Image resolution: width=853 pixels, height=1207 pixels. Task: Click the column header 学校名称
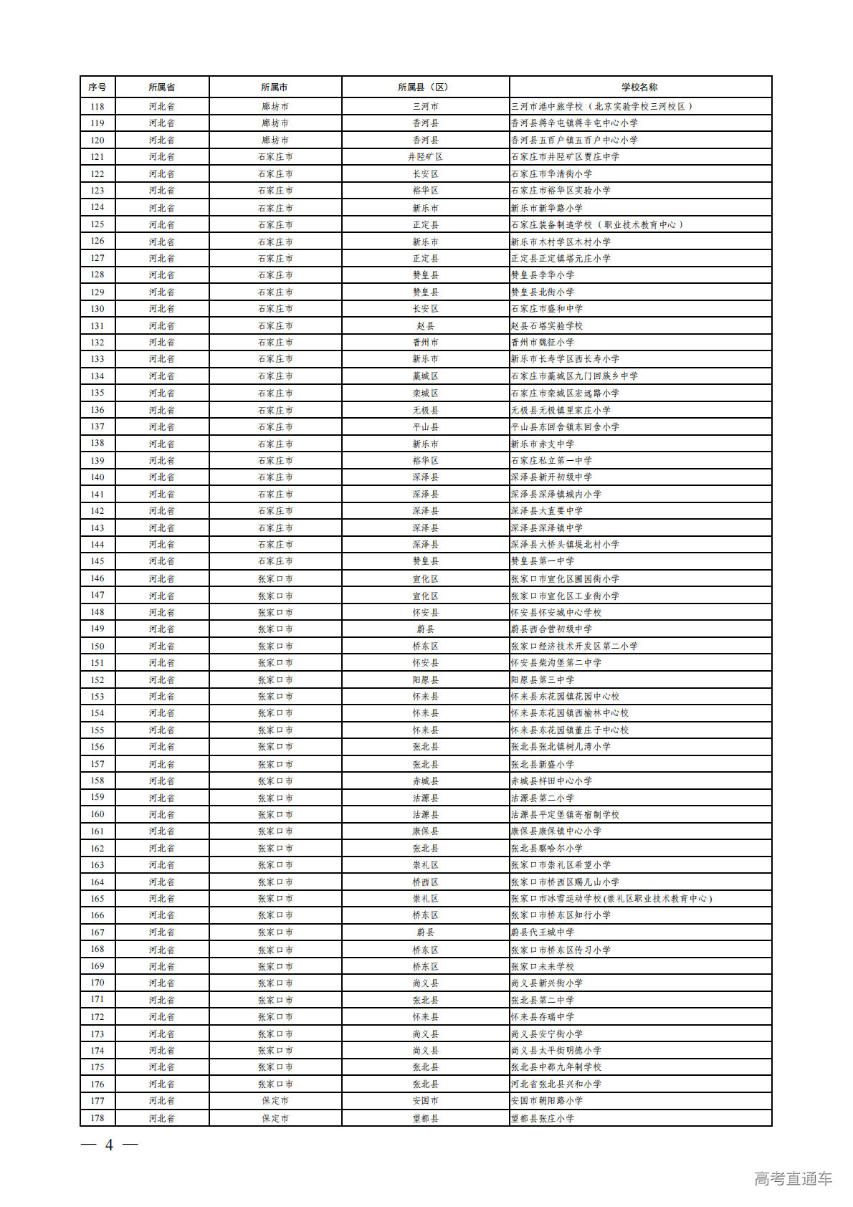(639, 87)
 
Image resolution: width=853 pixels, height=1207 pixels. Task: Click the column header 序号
(97, 87)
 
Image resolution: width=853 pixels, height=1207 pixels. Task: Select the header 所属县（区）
(425, 87)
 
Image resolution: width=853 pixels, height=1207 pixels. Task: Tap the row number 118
(97, 106)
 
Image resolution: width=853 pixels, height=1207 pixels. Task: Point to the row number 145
(97, 561)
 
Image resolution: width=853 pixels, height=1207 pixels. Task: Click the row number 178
(97, 1118)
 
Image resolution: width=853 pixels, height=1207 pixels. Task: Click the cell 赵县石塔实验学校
(547, 325)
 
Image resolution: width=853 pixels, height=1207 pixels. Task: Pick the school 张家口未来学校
(543, 966)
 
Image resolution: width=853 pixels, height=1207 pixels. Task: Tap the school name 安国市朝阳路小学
(547, 1101)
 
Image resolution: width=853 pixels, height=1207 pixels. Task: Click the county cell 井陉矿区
(425, 156)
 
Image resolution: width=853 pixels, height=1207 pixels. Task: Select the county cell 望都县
(425, 1118)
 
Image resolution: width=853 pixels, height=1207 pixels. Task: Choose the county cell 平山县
(425, 426)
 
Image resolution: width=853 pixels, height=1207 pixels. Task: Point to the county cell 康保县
(425, 831)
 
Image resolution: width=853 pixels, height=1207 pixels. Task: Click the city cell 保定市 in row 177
(275, 1101)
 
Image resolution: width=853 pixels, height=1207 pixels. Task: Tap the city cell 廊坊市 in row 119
(275, 123)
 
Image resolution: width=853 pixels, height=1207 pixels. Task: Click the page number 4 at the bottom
(109, 1145)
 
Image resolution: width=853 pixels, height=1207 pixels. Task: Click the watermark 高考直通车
(793, 1178)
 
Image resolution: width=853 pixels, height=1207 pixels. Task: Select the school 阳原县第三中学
(543, 679)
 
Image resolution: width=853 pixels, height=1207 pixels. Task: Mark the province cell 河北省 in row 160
(162, 814)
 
